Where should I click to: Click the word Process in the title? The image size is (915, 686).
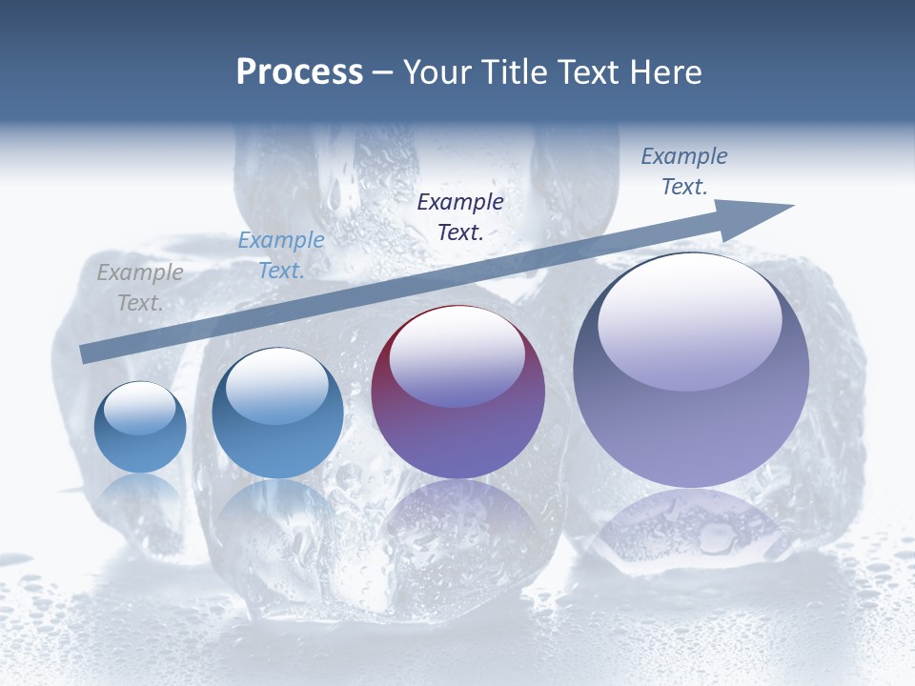[x=299, y=72]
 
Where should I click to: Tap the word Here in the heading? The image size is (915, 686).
[x=666, y=72]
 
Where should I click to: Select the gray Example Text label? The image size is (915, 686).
[x=140, y=288]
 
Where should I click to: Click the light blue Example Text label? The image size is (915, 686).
[x=280, y=255]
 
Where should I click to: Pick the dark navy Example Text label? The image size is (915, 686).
[x=460, y=216]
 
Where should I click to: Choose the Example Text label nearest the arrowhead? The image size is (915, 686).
[x=683, y=171]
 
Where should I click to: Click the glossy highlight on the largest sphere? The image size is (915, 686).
[x=689, y=319]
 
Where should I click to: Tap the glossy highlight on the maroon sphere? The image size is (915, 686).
[x=457, y=356]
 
